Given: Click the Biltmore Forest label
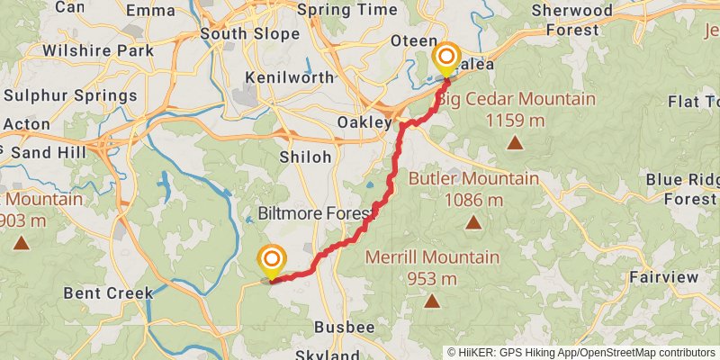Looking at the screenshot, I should point(314,214).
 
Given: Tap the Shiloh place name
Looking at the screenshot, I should point(305,157).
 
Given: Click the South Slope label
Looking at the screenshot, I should point(237,34).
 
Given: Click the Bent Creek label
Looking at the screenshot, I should point(108,293).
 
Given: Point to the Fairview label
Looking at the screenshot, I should point(663,277).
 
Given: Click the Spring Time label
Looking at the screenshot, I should point(346,10).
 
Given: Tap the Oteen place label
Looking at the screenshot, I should point(413,42).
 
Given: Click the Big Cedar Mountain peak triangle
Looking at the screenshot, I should point(515,142).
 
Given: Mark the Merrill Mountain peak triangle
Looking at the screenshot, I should point(432,301).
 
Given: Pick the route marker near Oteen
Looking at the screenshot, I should point(446,59).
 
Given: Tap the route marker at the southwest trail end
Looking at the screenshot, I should point(271,260).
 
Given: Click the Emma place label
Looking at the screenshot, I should point(151,11).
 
